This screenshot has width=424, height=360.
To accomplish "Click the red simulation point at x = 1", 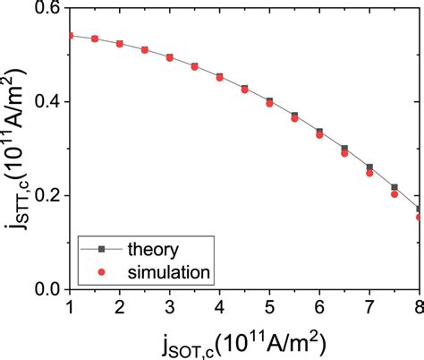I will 70,36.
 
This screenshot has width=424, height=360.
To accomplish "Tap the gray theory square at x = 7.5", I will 394,187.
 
